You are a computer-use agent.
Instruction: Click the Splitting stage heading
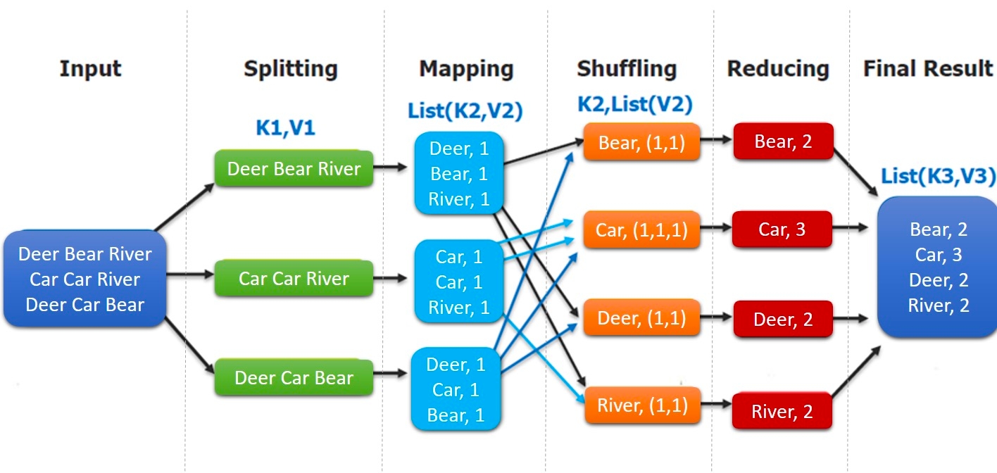290,69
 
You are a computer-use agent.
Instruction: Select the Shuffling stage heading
626,69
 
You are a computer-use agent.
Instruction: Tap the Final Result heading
927,69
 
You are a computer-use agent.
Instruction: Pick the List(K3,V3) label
937,176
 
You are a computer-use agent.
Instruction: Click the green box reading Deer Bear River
294,169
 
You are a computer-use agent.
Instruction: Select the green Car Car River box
294,279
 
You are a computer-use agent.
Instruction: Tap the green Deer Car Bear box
294,378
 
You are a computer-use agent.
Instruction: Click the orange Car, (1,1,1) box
641,229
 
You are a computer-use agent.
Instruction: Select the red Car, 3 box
782,229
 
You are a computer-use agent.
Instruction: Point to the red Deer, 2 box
782,320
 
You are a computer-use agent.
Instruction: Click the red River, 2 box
782,412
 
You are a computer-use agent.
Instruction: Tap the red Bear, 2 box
783,141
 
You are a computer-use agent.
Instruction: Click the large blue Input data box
84,279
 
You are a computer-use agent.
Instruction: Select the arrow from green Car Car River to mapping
390,279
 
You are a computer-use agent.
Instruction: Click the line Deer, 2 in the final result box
939,280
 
